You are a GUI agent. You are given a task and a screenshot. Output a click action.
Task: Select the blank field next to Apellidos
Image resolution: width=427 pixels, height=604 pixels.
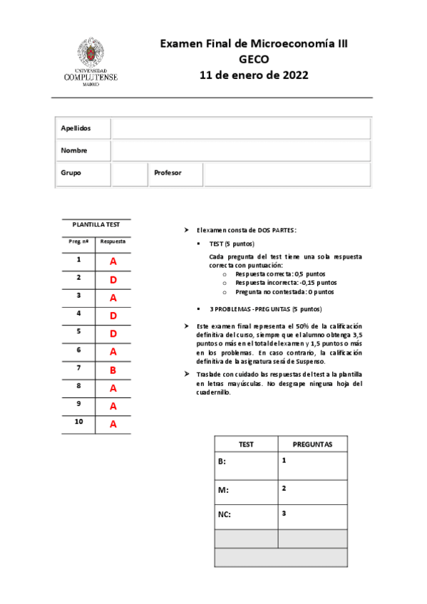point(240,128)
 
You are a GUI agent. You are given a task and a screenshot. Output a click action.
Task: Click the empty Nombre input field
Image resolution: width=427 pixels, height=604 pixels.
point(240,151)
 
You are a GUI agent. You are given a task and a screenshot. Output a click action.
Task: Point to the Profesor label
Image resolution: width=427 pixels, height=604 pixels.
point(168,173)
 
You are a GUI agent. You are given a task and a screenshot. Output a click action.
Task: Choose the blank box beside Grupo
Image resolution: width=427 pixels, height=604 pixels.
point(129,174)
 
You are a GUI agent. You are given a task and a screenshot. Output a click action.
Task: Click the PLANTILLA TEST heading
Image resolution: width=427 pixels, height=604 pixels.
point(96,224)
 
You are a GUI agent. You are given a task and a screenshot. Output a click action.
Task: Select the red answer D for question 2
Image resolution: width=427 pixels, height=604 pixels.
point(113,279)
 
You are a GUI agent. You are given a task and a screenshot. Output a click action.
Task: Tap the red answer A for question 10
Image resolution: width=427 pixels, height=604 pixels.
point(113,424)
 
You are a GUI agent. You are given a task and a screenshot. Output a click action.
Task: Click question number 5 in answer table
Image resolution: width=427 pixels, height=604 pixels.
point(78,331)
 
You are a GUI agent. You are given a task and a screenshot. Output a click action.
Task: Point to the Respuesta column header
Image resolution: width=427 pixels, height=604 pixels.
point(113,241)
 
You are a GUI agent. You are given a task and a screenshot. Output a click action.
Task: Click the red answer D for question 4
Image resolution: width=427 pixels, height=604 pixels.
point(113,315)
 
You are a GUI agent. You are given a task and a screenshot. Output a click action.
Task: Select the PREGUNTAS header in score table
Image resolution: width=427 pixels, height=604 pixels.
point(312,444)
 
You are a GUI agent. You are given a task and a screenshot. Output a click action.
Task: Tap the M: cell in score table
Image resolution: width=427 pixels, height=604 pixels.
point(246,490)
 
